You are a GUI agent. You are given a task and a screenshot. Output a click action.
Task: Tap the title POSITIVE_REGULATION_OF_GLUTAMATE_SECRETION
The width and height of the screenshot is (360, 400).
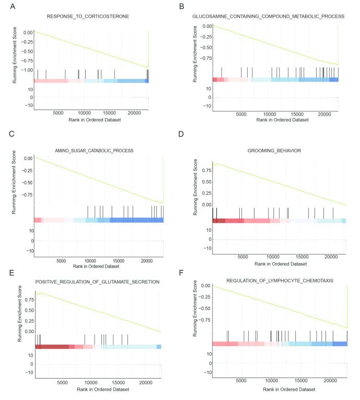click(x=97, y=282)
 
